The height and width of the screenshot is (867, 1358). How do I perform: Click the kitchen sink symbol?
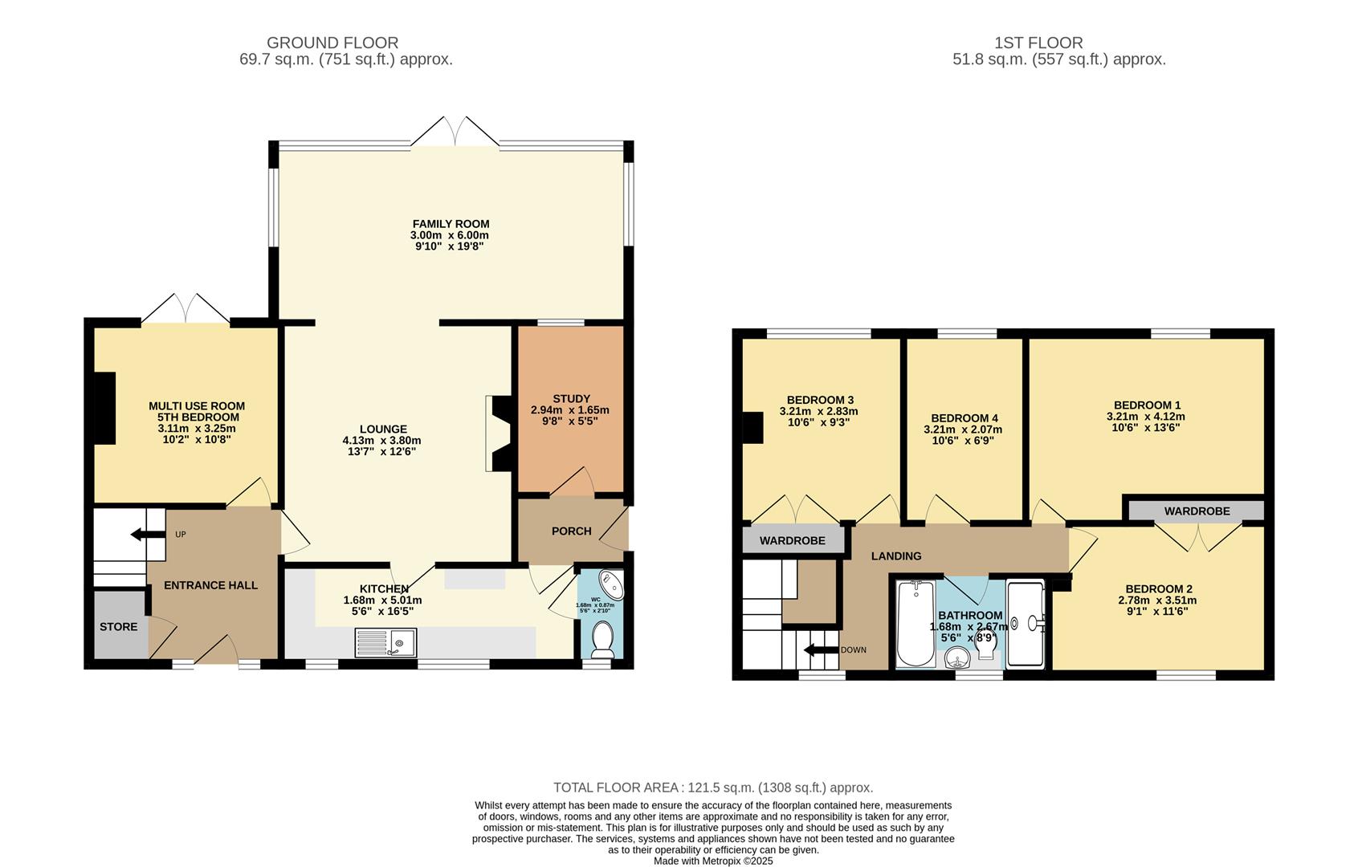[385, 642]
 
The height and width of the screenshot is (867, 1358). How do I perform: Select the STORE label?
[118, 626]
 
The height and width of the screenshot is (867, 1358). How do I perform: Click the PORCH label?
[571, 531]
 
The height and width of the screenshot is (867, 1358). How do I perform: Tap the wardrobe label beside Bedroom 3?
[792, 540]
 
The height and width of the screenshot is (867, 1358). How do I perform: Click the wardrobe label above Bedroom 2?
[1197, 511]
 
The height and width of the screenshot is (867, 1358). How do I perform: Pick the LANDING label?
[896, 556]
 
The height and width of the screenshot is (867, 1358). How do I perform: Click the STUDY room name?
[571, 398]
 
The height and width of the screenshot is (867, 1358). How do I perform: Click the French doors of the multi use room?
[186, 309]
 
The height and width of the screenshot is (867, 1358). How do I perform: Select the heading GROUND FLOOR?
[332, 43]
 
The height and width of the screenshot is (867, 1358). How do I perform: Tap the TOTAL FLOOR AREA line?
[712, 788]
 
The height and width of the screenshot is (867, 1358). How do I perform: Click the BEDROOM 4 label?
[964, 418]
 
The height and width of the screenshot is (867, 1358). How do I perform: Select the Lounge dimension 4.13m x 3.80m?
[381, 440]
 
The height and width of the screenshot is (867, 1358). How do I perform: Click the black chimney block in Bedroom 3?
[752, 427]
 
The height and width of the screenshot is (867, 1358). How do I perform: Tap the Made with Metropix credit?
[712, 861]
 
